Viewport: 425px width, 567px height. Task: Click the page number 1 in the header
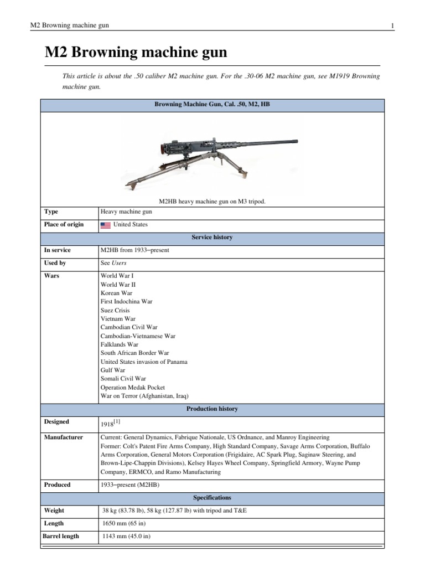point(392,26)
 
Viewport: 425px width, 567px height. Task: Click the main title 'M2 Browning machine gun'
point(136,53)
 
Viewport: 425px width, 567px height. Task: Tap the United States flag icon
point(105,225)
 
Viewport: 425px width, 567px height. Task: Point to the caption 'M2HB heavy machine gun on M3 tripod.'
point(212,202)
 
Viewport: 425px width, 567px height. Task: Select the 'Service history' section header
point(212,238)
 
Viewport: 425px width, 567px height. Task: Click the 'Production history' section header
point(212,409)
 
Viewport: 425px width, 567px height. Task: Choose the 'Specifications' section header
point(212,498)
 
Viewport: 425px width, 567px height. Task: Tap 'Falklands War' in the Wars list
point(120,344)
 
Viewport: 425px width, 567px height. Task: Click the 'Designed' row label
point(57,422)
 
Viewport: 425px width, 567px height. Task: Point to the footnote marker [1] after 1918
point(117,422)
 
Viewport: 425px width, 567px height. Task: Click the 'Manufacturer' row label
point(63,437)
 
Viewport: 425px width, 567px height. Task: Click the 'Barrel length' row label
point(61,536)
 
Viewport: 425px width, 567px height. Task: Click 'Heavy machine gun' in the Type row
point(126,212)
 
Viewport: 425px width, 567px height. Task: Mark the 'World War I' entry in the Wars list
point(117,276)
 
